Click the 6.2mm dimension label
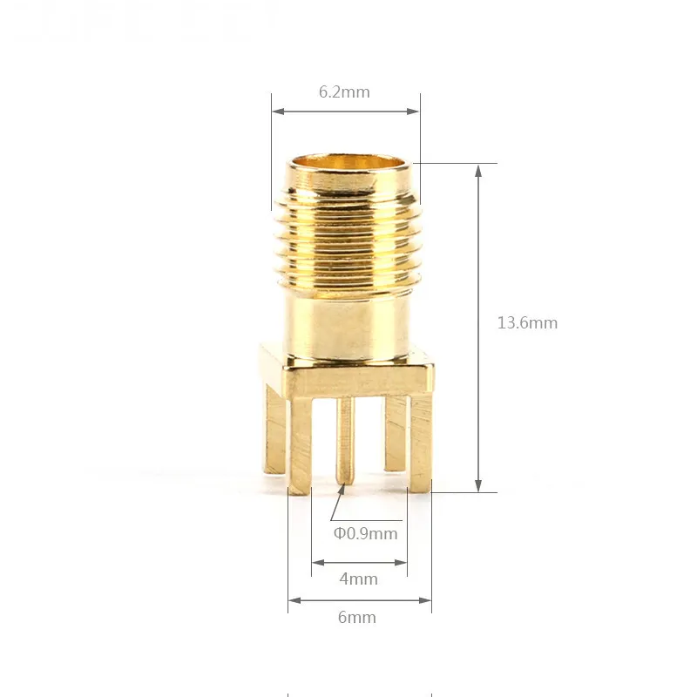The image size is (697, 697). (344, 92)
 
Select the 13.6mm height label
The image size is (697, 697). (527, 322)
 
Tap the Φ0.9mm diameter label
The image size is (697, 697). (365, 533)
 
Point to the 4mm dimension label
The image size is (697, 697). (358, 579)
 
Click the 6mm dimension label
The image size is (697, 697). (357, 617)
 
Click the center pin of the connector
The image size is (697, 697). (346, 440)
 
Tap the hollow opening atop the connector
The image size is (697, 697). (348, 163)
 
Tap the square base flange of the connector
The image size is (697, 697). (357, 376)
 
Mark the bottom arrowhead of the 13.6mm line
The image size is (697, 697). (477, 487)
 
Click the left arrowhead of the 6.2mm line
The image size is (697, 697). (276, 111)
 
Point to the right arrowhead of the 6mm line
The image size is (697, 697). (426, 599)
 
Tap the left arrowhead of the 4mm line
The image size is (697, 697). (316, 562)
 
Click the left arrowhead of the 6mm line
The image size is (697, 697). (293, 599)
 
